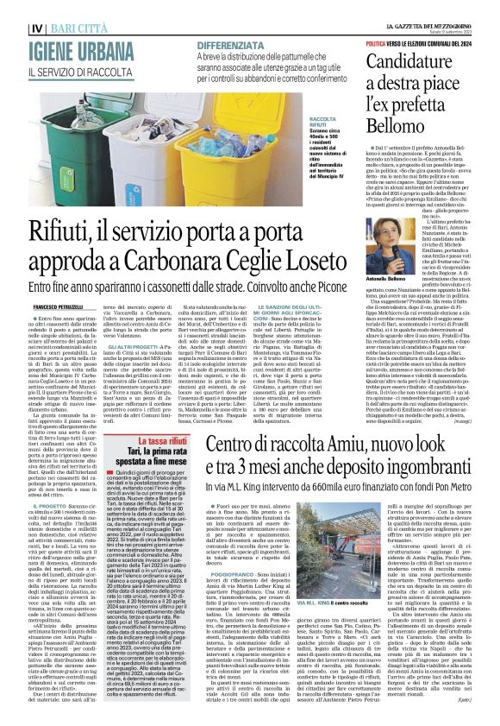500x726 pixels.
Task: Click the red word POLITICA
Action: [376, 42]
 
